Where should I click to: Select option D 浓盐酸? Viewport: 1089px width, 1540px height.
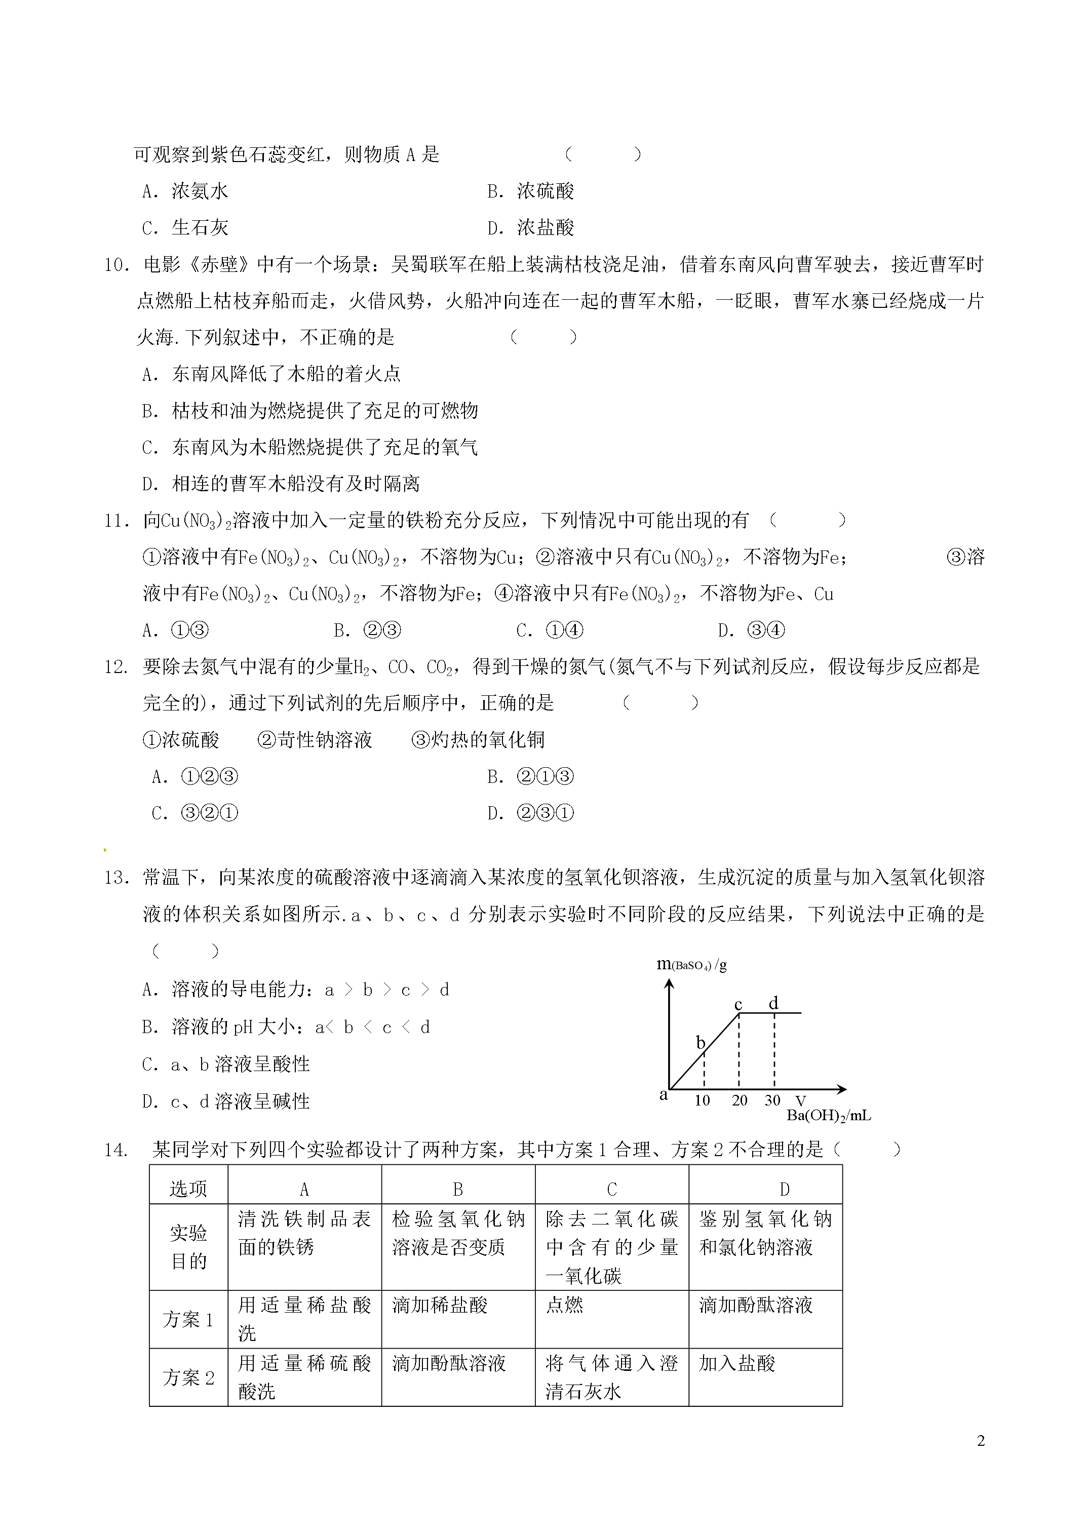530,228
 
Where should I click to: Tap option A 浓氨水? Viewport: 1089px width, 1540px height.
185,192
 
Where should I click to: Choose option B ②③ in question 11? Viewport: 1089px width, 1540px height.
367,630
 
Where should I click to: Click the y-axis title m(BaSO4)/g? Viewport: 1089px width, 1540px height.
691,965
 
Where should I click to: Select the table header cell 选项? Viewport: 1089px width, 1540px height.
188,1189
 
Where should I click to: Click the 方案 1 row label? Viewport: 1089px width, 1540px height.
188,1320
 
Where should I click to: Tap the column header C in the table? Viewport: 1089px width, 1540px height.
611,1189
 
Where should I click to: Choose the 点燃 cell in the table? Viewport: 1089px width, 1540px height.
564,1305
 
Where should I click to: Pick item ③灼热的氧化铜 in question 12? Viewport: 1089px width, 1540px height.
478,740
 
